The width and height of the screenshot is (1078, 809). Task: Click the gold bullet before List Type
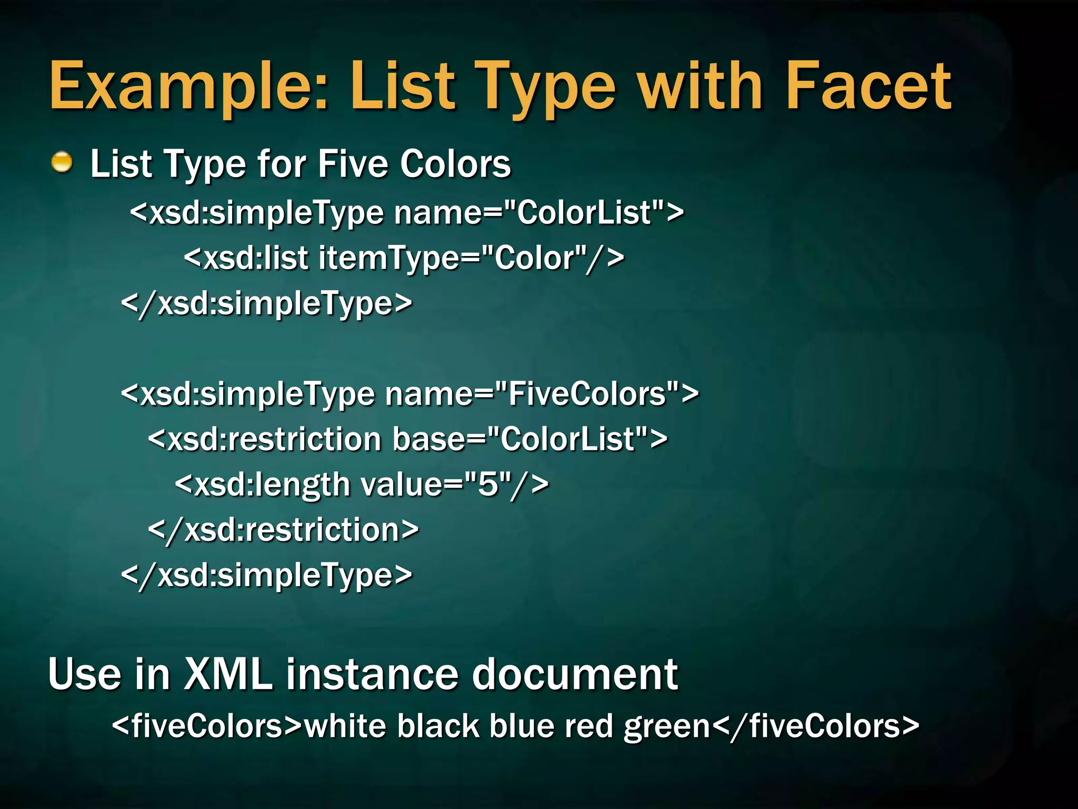pyautogui.click(x=62, y=162)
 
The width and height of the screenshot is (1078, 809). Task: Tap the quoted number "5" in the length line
pyautogui.click(x=487, y=484)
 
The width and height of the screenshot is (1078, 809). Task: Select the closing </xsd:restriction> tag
pyautogui.click(x=284, y=529)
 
